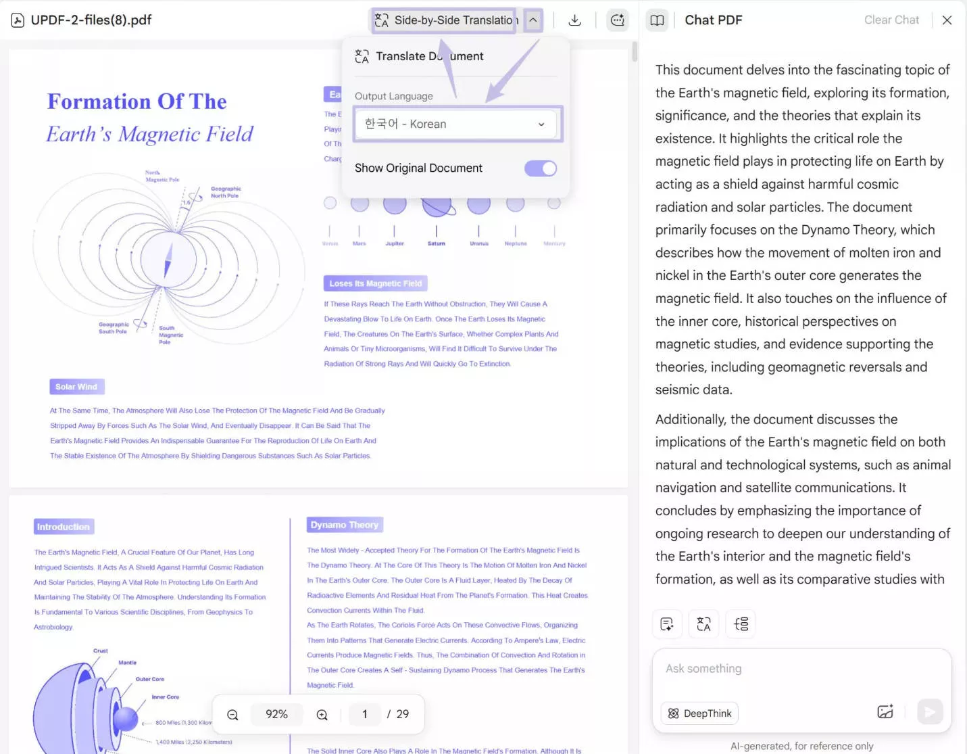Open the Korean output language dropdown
[457, 124]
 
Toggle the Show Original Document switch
[541, 168]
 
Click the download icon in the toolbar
[575, 20]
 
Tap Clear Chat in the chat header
[891, 20]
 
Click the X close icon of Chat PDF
[947, 20]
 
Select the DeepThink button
[700, 713]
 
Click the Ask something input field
[801, 669]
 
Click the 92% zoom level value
[276, 714]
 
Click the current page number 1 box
[365, 714]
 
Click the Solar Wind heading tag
[76, 387]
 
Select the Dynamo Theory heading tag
[345, 525]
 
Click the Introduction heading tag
[64, 527]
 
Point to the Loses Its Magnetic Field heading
[376, 283]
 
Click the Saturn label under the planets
[437, 243]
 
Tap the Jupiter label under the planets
[395, 243]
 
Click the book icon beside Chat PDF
[657, 20]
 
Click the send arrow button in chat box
[930, 711]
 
